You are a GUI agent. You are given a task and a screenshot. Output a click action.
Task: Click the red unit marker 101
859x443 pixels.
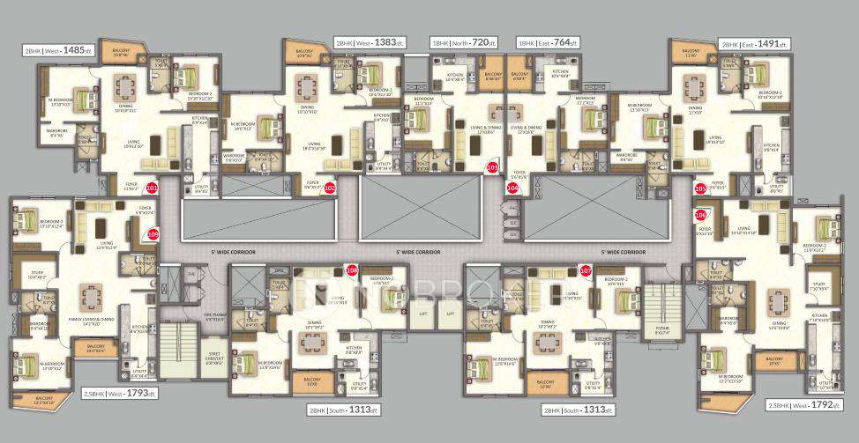click(151, 188)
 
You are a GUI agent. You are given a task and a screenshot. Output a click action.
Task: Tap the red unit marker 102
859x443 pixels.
click(329, 188)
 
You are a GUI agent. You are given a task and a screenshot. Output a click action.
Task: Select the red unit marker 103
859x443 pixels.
click(492, 166)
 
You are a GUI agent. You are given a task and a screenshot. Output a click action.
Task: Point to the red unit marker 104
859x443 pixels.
click(512, 188)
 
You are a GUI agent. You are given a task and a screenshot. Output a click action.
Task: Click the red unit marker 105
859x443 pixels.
click(701, 188)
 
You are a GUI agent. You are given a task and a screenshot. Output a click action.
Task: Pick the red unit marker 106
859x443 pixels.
click(701, 213)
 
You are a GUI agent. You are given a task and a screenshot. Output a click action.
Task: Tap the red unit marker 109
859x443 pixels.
click(152, 234)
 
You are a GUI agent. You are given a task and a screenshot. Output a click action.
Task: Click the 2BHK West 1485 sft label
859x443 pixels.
click(58, 51)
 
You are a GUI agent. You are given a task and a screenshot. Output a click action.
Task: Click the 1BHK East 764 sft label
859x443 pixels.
click(549, 42)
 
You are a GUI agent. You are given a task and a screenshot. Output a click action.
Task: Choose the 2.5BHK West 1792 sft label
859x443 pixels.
click(801, 406)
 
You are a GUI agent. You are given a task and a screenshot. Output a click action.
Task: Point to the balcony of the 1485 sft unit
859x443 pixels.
click(120, 53)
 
